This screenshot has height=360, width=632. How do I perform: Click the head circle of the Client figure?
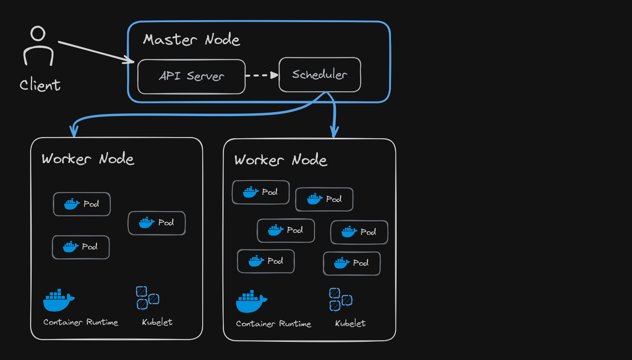[38, 34]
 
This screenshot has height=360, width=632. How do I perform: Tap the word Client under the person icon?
[40, 85]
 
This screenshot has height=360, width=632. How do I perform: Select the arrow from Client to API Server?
[95, 51]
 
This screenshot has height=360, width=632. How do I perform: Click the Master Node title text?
[192, 40]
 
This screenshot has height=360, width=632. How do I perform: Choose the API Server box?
[192, 76]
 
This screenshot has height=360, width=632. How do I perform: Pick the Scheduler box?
[320, 74]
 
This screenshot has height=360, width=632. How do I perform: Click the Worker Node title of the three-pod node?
[88, 159]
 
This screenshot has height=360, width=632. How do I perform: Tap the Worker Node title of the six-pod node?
[281, 160]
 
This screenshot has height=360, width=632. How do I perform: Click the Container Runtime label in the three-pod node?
[81, 322]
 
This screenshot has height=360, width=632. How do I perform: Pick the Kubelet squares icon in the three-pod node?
[147, 298]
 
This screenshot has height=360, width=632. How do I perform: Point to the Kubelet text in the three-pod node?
[157, 322]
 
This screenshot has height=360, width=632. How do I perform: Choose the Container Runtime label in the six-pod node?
[273, 324]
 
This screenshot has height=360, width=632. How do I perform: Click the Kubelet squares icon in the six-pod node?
[340, 299]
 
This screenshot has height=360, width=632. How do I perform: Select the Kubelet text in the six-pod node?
[350, 323]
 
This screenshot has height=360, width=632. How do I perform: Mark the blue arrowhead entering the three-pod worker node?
[74, 131]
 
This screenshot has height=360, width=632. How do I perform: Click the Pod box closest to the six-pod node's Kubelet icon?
[352, 263]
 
